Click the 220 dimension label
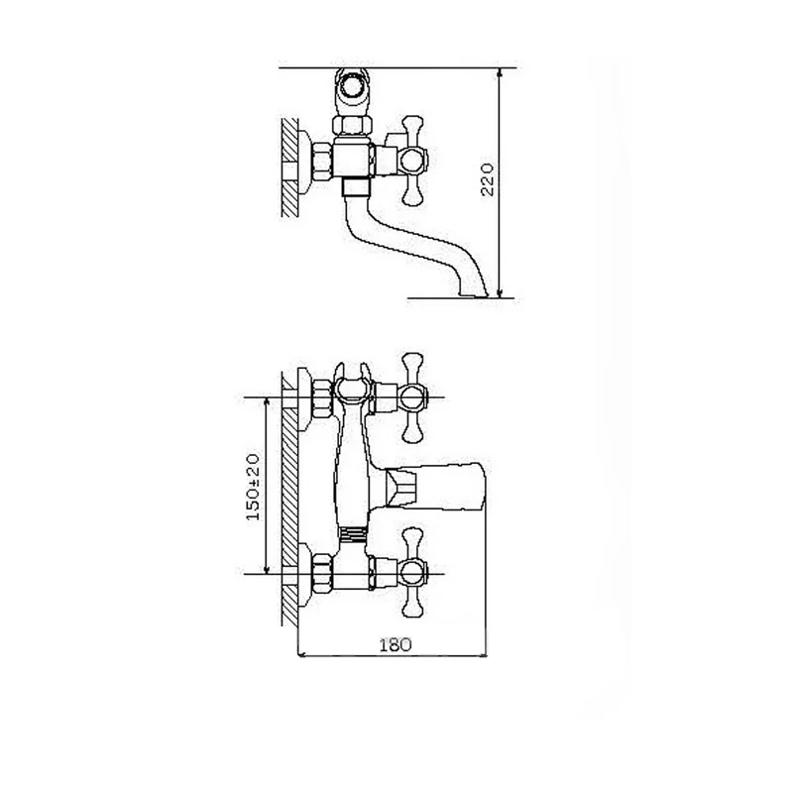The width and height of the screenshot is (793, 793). [x=487, y=179]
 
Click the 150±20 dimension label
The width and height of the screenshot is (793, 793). [x=253, y=487]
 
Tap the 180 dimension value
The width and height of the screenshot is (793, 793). [x=396, y=645]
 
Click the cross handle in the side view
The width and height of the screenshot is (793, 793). [x=412, y=161]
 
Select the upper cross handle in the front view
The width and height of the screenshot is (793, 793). [x=412, y=397]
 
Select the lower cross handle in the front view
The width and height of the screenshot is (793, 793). [x=412, y=574]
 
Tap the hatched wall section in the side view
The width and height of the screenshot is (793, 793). [x=289, y=168]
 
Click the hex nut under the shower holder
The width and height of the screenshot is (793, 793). [x=353, y=125]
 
